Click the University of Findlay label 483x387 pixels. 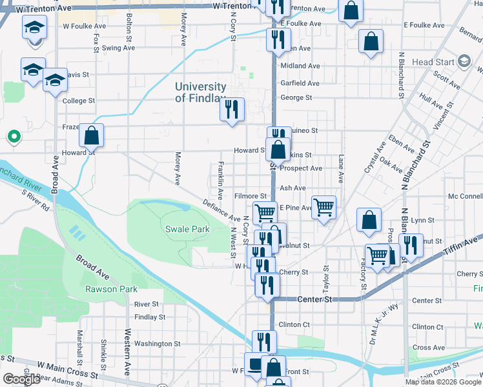(200, 92)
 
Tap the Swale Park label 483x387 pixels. (187, 229)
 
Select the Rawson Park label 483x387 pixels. (111, 289)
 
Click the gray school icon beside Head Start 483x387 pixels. (464, 62)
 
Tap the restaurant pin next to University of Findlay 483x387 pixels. (232, 110)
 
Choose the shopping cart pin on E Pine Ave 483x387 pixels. (324, 208)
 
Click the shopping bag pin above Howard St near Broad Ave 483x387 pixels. (92, 135)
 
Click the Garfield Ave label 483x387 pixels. (300, 83)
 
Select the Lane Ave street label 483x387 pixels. (341, 171)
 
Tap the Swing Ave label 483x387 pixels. (118, 48)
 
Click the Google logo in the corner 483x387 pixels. (21, 379)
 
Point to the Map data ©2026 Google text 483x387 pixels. (442, 382)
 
